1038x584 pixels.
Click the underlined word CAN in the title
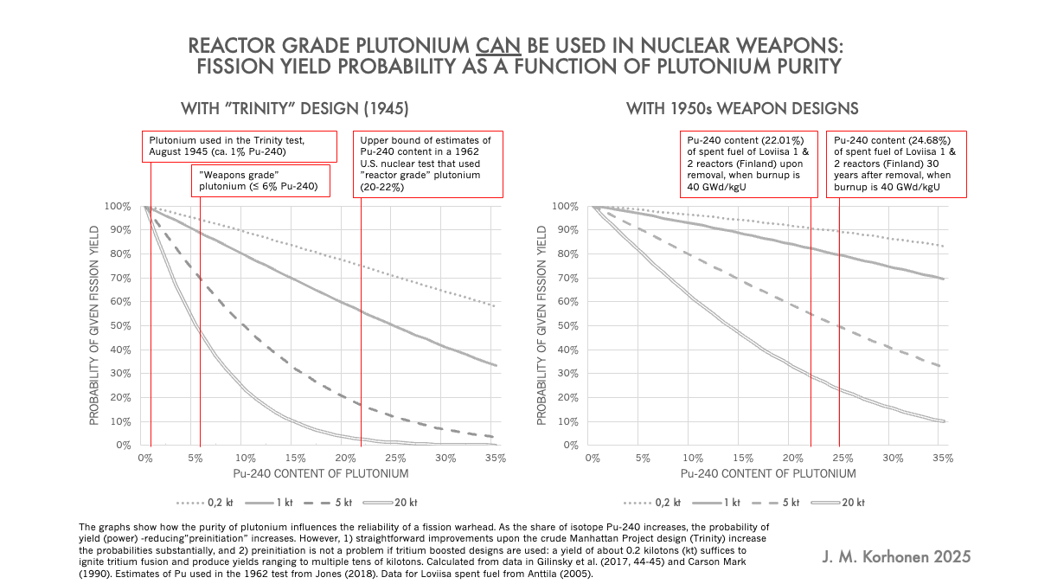point(498,46)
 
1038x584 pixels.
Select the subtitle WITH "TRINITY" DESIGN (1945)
point(295,109)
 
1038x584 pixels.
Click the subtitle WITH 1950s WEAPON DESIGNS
point(742,109)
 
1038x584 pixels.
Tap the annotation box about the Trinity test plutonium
point(239,146)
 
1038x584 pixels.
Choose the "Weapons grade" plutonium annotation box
point(261,181)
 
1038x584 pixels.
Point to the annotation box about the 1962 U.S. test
point(428,164)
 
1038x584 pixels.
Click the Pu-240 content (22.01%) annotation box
point(749,164)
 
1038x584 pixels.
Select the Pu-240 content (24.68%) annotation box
point(896,164)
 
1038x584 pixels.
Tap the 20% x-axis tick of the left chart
point(345,459)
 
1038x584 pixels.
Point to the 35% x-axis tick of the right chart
point(943,459)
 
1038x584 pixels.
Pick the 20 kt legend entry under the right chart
point(838,503)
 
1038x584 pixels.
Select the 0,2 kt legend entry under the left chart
point(204,503)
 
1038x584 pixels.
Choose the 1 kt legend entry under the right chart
point(716,503)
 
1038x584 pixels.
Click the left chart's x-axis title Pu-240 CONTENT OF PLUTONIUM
point(321,474)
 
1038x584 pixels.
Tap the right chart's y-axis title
point(541,325)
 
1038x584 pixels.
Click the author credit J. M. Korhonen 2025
point(896,556)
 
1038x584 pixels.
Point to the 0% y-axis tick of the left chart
point(124,446)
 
